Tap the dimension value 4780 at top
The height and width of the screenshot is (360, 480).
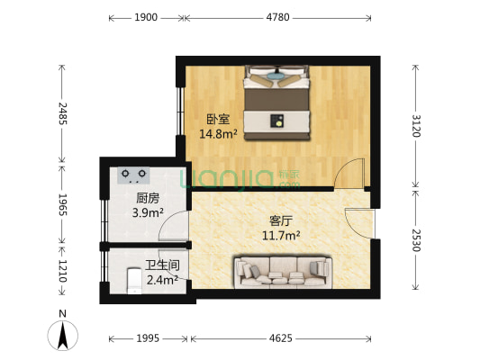277,16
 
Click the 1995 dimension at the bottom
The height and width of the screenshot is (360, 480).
149,339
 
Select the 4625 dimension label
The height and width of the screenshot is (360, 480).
281,339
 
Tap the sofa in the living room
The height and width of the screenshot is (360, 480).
283,272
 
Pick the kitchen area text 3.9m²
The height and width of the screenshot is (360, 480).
148,212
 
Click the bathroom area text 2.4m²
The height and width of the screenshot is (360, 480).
161,279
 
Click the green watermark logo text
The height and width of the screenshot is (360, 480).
231,179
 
